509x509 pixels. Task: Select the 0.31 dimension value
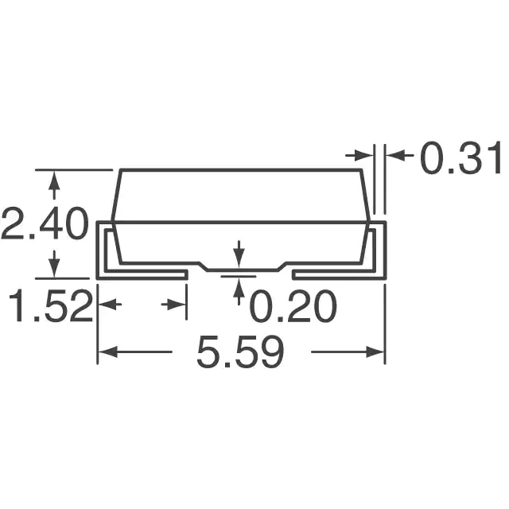click(x=460, y=158)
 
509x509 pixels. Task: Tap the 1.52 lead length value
click(x=51, y=305)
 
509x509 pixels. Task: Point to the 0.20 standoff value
click(x=293, y=305)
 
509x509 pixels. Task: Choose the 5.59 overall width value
click(x=240, y=352)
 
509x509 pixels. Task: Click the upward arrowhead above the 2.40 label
click(x=54, y=181)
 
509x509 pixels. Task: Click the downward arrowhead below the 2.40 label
click(x=54, y=269)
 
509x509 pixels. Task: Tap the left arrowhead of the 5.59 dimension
click(x=107, y=352)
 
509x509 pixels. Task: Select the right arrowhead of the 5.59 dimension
click(x=375, y=352)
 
